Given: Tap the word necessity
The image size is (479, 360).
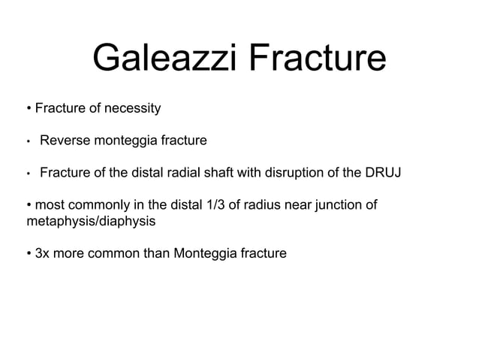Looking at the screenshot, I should point(132,109).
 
